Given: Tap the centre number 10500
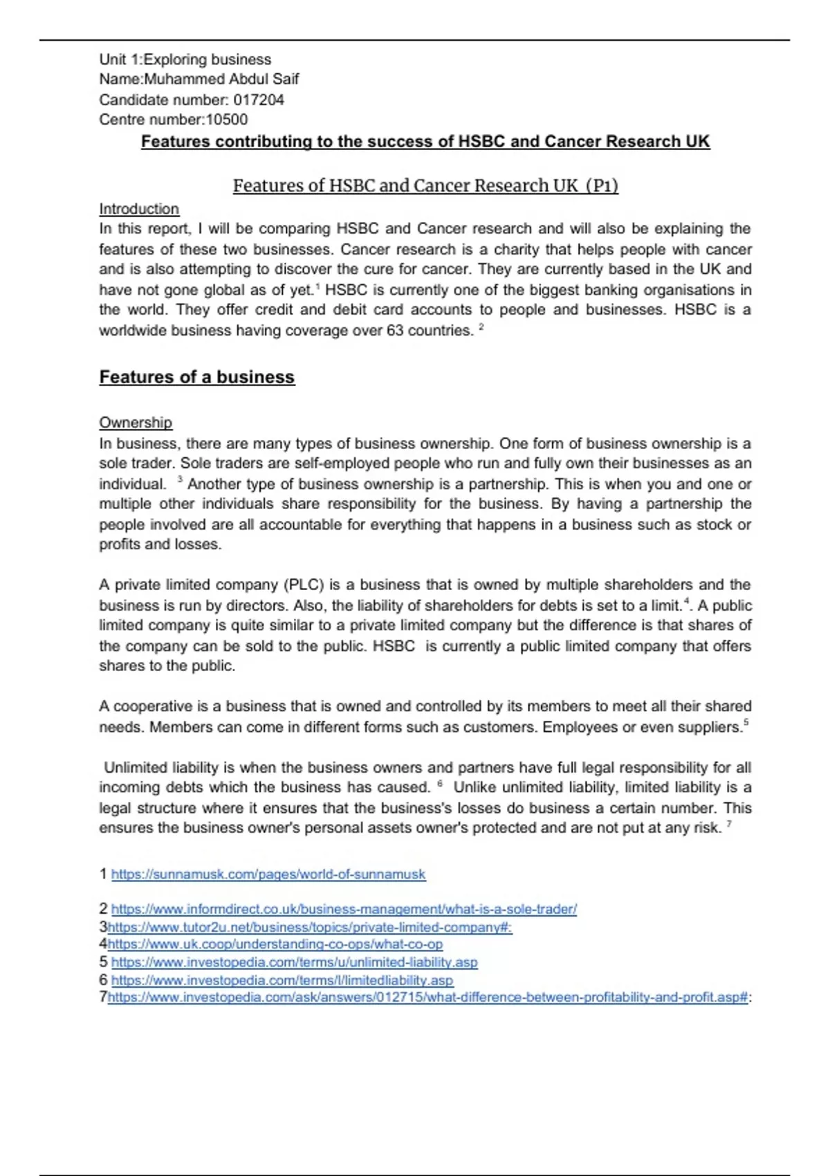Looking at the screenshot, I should [x=227, y=120].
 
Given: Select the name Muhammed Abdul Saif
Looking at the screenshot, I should [x=221, y=79].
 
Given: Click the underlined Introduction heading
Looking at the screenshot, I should [x=139, y=209].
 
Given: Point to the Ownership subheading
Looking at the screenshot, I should [x=136, y=423].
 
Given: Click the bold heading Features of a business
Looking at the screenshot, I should [x=197, y=377].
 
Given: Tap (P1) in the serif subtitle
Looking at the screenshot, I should [x=601, y=186].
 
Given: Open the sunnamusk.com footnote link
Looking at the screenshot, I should [x=268, y=874].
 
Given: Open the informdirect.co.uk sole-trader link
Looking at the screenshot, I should [x=344, y=909].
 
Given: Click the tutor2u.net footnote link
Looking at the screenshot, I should [x=310, y=927].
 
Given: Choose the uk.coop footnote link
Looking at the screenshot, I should [x=275, y=944].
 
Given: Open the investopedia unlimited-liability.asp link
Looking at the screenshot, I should [x=294, y=962].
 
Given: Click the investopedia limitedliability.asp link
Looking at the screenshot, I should [x=282, y=980].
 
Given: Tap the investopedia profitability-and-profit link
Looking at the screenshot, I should [x=429, y=998].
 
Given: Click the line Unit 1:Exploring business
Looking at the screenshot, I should [x=185, y=59].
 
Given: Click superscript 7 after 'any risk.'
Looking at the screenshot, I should [x=729, y=824].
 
